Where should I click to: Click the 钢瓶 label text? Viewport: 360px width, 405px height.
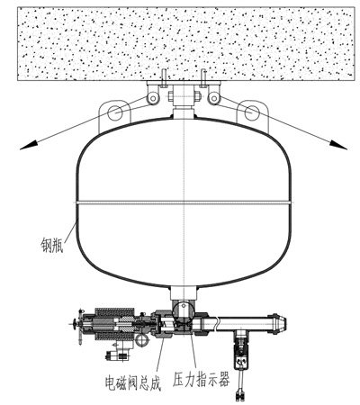pos(51,245)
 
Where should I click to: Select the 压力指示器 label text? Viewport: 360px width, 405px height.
pos(201,379)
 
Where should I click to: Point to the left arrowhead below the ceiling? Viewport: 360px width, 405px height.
pos(27,145)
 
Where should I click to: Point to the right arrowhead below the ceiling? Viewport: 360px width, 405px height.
pos(338,144)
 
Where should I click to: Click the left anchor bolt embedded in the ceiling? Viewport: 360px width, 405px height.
pos(163,78)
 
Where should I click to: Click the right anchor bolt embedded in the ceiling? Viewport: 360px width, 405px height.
pos(203,78)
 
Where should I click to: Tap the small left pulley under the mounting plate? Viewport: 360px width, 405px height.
pos(153,98)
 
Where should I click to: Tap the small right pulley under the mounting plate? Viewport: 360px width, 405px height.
pos(213,98)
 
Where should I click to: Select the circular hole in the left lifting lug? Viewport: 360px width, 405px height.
pos(115,112)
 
